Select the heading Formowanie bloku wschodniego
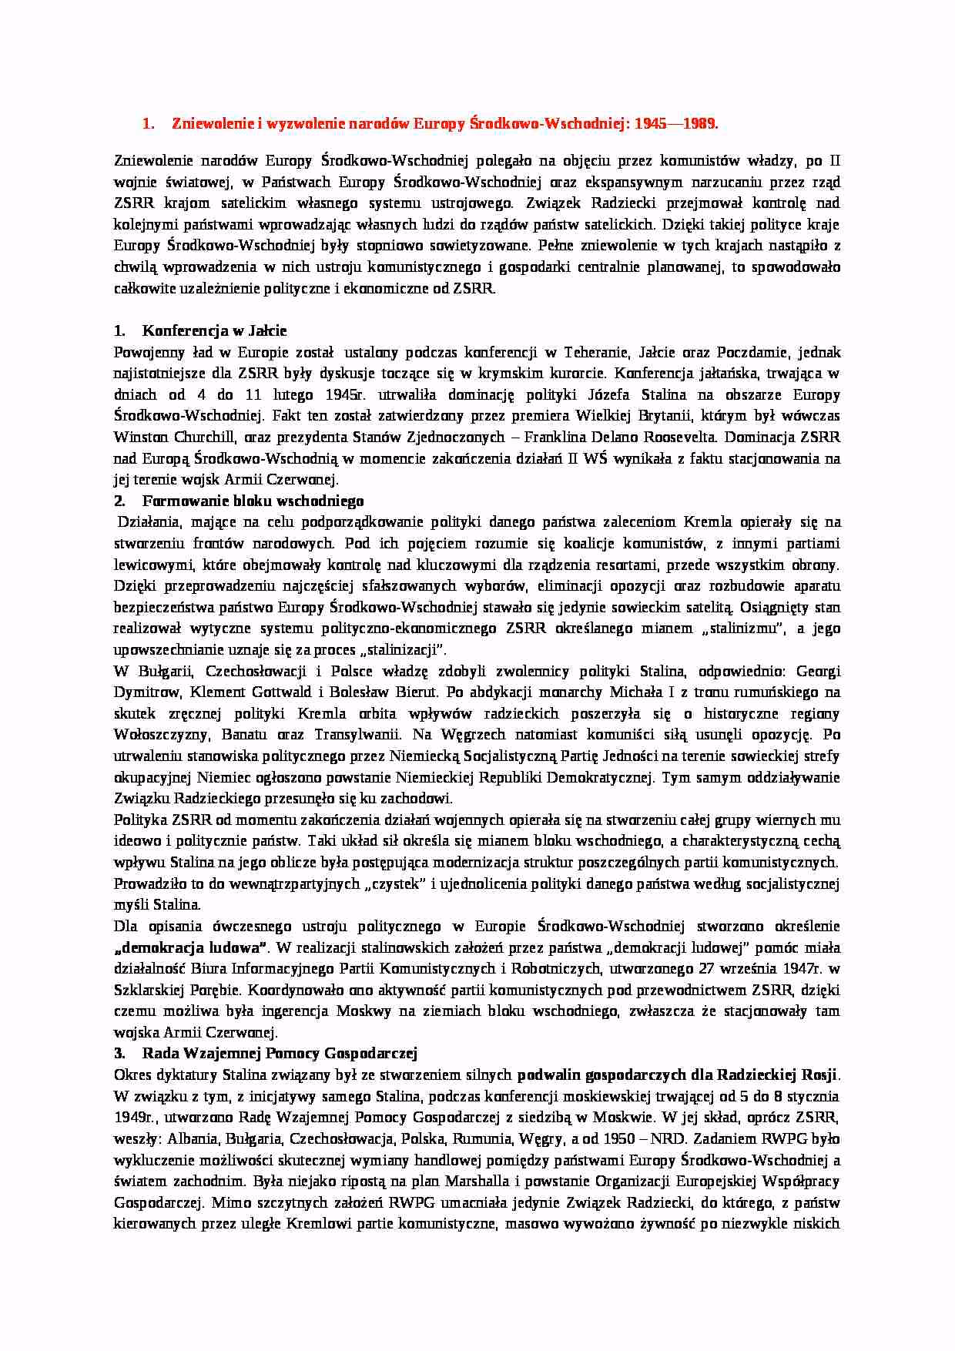[253, 501]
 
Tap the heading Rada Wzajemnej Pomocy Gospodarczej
[279, 1053]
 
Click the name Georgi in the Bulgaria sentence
[817, 670]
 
